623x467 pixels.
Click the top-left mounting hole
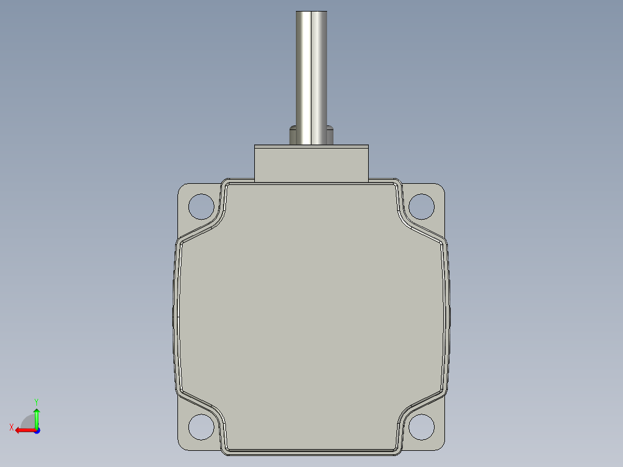201,207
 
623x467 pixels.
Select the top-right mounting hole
421,207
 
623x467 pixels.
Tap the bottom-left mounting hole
201,427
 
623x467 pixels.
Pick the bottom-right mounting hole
421,427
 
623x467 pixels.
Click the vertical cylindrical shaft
311,77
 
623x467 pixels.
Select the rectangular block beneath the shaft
311,164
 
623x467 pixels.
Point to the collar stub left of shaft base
293,135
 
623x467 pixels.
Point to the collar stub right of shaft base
330,135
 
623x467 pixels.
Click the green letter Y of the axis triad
36,402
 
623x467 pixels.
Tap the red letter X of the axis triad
12,427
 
